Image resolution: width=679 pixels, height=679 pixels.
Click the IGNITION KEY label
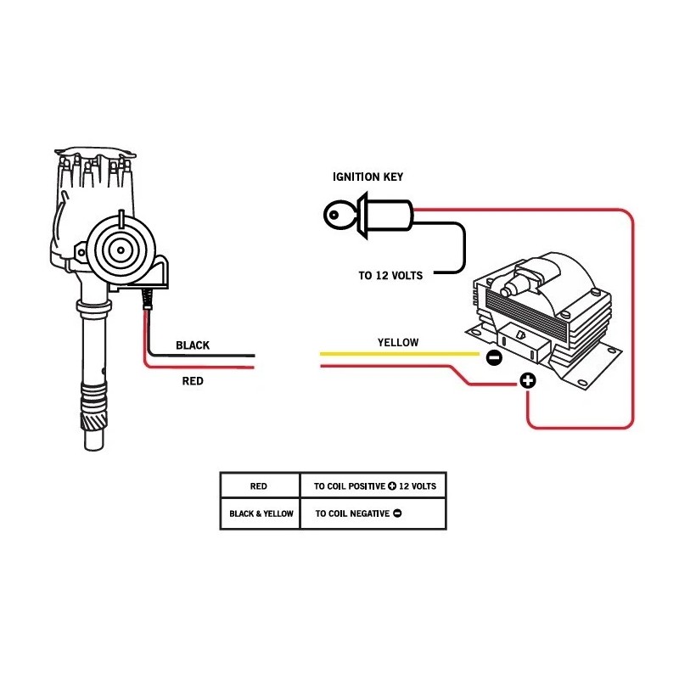367,177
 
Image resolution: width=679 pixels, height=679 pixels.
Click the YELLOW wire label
398,342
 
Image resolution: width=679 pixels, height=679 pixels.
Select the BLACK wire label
193,345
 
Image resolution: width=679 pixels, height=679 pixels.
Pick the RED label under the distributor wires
193,381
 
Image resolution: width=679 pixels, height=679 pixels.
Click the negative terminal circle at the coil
493,358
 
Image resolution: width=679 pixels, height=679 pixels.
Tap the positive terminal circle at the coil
527,381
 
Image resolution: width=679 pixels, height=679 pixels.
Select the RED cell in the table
259,486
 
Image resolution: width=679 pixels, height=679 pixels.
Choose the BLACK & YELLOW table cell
261,513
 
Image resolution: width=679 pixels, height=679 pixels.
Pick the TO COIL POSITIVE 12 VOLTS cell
374,486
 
